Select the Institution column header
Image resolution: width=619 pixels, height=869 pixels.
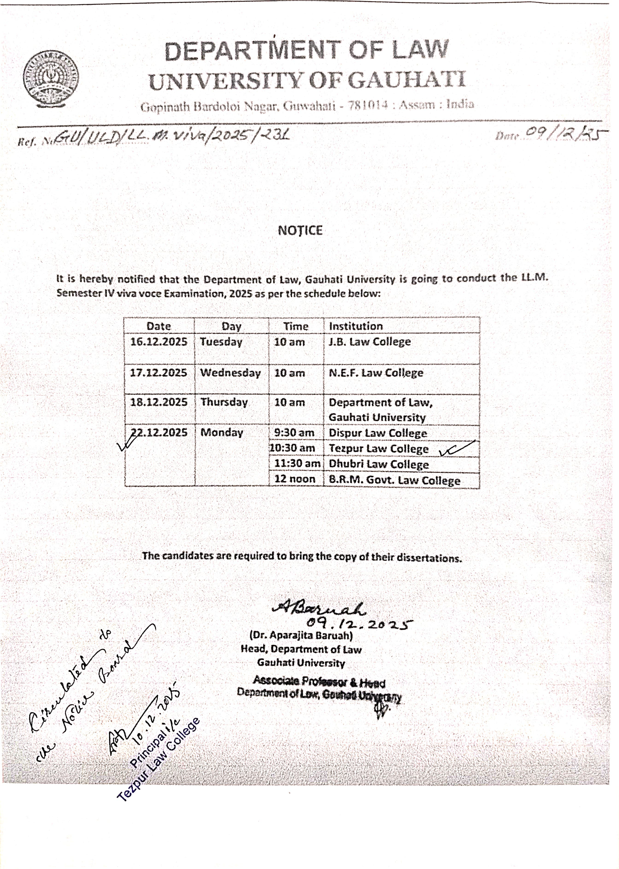356,326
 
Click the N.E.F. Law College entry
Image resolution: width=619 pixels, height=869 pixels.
376,373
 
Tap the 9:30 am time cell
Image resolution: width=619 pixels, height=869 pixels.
294,433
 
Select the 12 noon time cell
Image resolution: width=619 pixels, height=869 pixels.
295,479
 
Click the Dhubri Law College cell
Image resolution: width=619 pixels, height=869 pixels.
378,464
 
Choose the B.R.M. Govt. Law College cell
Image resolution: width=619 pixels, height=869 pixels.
394,480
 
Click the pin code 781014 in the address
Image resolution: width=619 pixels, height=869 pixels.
369,105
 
